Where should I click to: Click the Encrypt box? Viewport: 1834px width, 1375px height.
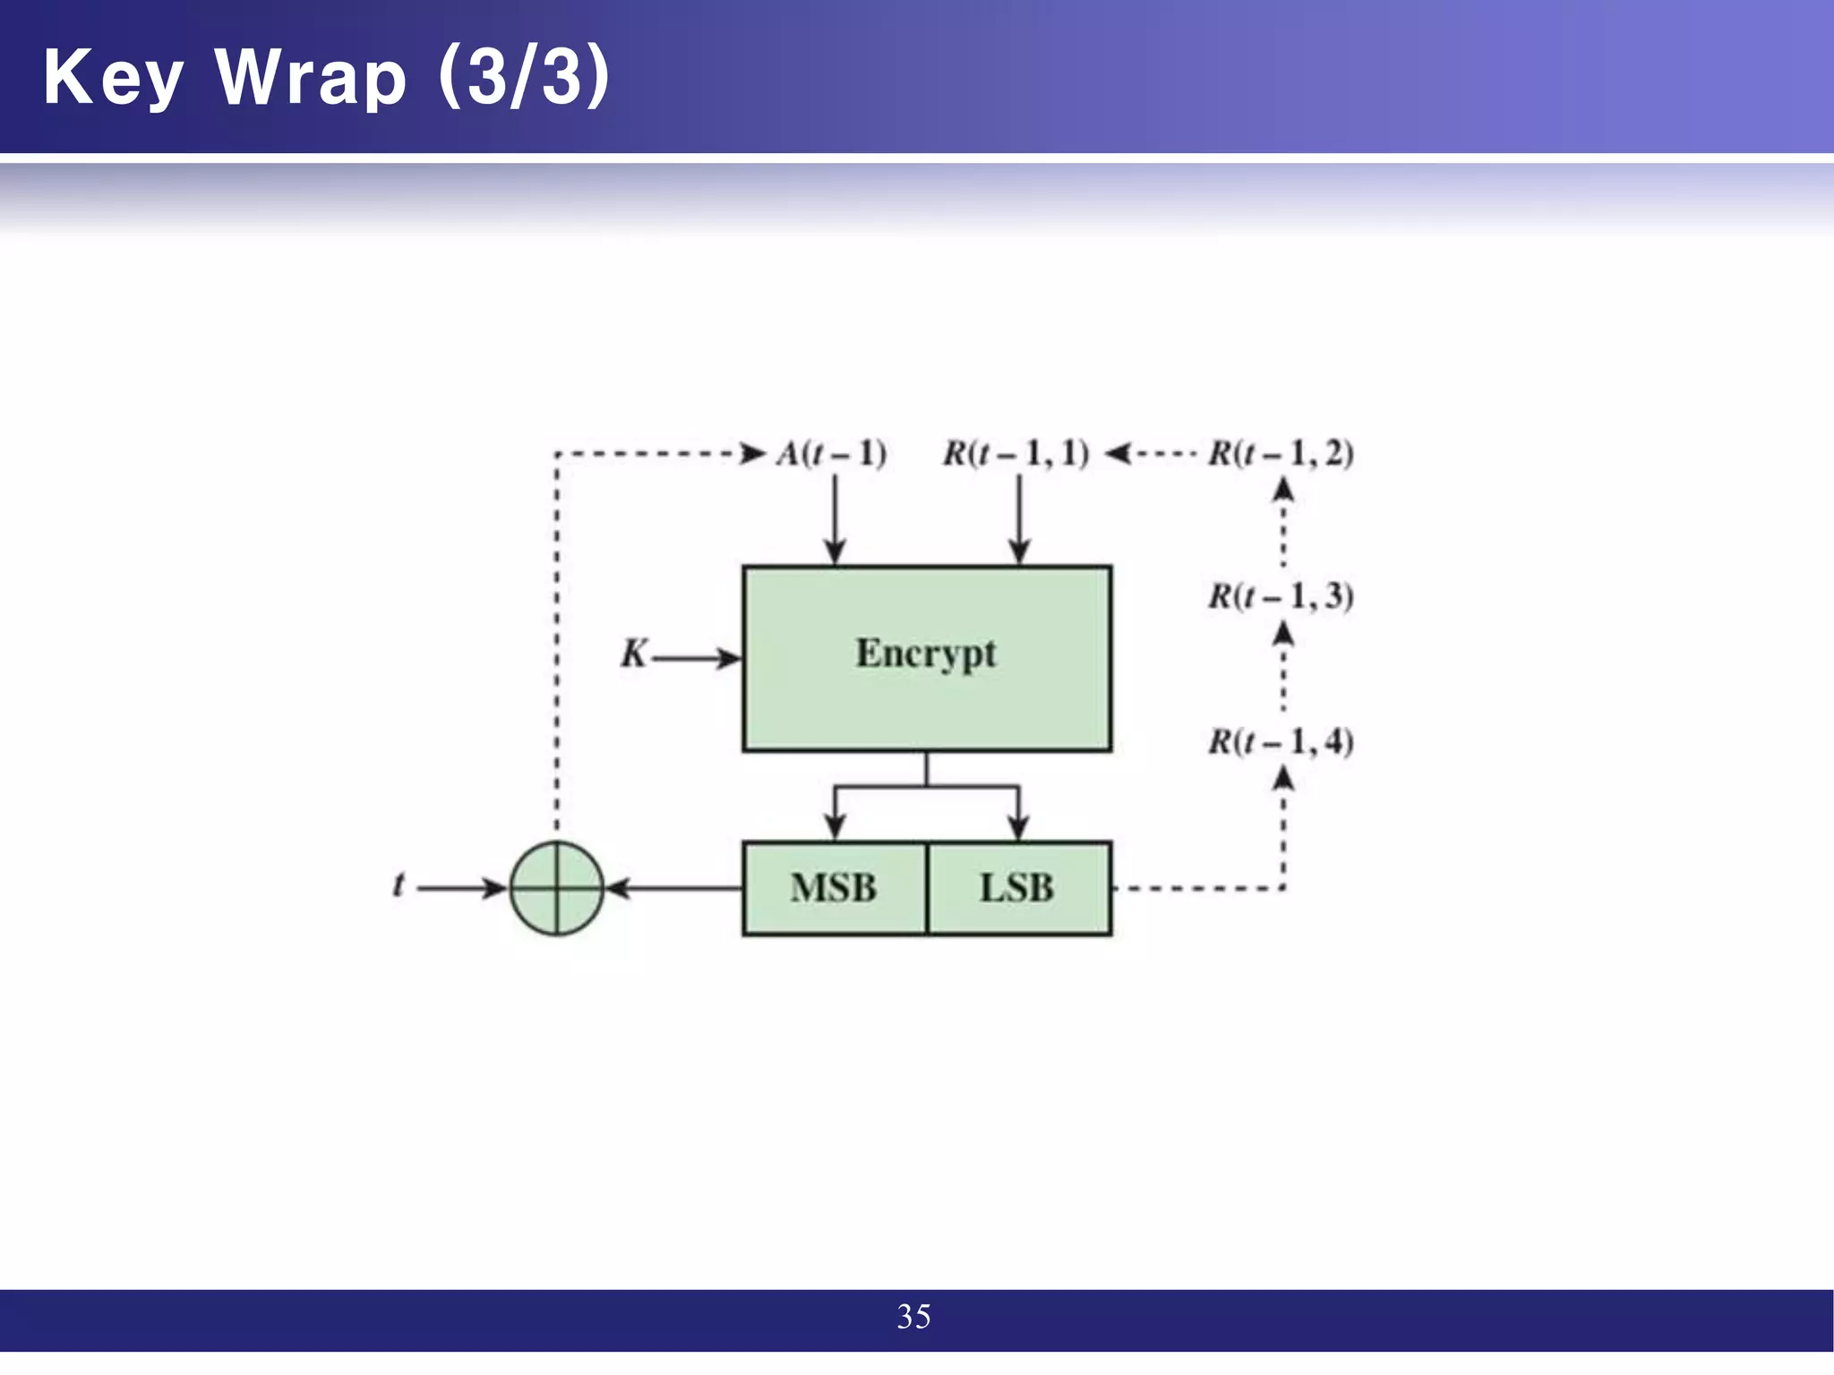point(927,658)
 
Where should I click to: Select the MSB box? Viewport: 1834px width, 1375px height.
point(834,888)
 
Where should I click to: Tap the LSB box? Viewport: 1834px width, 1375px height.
point(1019,888)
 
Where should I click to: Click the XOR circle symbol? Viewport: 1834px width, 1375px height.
point(557,888)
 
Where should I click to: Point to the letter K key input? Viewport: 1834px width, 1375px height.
point(633,654)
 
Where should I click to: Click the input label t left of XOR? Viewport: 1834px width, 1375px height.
point(398,886)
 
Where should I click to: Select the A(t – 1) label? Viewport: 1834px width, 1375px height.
point(831,454)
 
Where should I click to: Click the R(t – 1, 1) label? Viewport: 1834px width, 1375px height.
point(1016,454)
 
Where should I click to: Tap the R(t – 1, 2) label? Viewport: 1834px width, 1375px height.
point(1281,454)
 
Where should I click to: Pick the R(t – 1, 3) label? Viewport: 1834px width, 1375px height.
point(1281,596)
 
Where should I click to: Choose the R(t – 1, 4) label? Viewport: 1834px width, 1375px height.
point(1281,741)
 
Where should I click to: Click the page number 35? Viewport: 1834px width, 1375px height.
point(913,1317)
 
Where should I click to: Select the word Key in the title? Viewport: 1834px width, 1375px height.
point(113,79)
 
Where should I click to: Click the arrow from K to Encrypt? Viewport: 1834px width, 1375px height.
point(697,660)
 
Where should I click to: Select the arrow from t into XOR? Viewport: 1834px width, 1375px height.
point(462,888)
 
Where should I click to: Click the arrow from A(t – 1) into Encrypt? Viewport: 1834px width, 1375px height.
point(835,519)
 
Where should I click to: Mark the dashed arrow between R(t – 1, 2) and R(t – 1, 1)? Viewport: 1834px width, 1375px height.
point(1151,454)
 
